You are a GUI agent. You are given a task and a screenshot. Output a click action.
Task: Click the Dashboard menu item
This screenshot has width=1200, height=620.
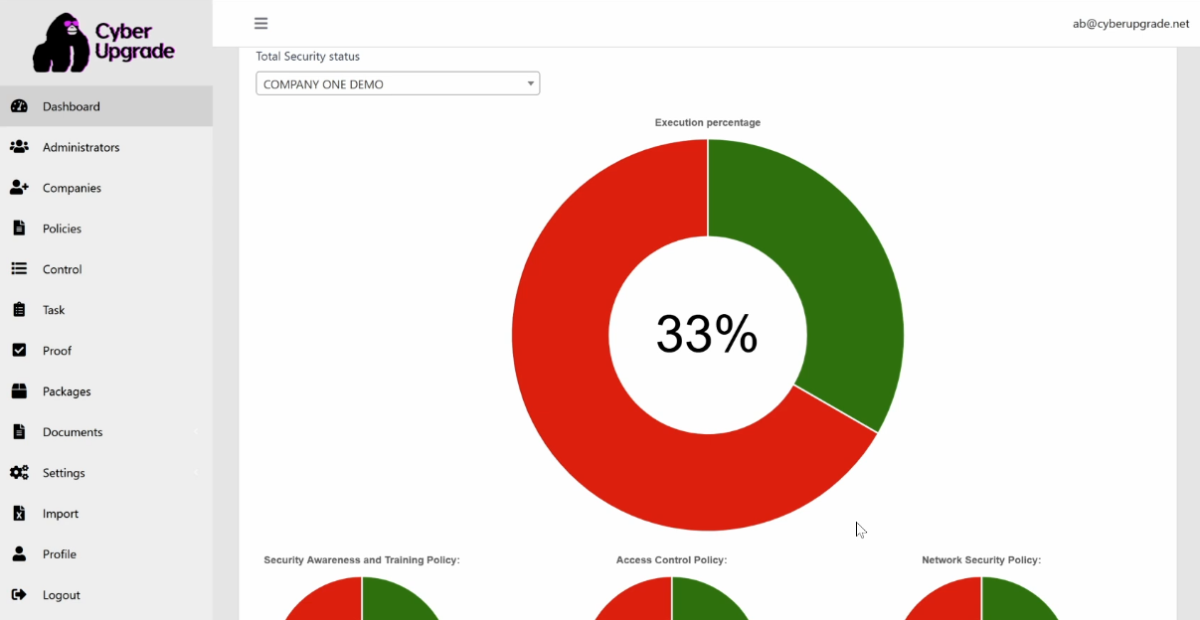pos(71,106)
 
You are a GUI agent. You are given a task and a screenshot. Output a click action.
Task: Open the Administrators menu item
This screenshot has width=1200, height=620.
pos(81,147)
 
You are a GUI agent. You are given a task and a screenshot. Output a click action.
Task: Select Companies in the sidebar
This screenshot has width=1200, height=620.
pos(72,188)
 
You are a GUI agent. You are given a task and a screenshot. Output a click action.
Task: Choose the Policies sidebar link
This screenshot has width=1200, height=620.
pos(62,229)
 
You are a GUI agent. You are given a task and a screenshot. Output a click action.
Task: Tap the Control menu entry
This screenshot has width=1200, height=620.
pos(62,269)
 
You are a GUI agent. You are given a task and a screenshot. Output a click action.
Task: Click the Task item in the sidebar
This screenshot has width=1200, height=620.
pos(54,310)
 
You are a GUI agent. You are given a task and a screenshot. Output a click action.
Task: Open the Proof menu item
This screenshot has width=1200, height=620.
pos(57,351)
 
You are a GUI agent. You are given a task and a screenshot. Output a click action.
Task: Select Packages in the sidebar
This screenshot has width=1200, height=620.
pos(67,391)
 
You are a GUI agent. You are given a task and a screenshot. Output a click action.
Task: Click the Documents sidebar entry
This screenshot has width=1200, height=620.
pos(73,432)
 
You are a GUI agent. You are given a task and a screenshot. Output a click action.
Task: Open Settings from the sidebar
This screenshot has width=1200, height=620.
pos(64,473)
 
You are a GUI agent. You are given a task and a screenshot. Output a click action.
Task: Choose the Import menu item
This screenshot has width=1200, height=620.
pos(61,514)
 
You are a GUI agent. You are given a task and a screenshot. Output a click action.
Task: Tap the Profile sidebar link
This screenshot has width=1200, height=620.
pos(60,554)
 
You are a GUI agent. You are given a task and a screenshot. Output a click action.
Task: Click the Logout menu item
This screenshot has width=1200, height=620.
pos(61,595)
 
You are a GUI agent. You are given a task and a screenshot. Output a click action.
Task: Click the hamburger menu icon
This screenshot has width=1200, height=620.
pos(261,24)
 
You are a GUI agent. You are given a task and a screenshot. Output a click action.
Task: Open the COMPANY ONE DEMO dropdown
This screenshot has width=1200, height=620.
pos(398,84)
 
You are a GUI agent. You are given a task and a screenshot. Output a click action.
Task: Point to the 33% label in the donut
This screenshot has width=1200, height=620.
pos(707,335)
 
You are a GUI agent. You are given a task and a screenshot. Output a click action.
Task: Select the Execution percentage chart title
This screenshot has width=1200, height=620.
pos(707,123)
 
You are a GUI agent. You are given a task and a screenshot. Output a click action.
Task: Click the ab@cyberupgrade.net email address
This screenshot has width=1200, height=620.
pos(1130,24)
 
